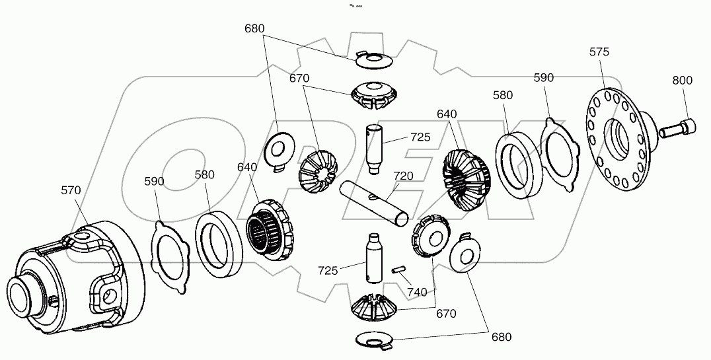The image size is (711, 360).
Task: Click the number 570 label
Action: (71, 190)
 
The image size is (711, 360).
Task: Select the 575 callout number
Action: (599, 52)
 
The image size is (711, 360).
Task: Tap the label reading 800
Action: (682, 81)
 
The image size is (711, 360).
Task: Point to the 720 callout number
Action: (403, 176)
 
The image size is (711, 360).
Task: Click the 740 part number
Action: (417, 291)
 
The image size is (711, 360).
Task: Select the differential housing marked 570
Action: (73, 274)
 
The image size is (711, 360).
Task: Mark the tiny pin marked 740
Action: (398, 269)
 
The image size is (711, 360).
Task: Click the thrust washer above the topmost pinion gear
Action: (374, 59)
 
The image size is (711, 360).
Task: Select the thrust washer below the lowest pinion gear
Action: (374, 339)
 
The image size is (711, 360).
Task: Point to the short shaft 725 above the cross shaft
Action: (375, 148)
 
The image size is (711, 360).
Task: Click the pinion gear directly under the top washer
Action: (375, 95)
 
